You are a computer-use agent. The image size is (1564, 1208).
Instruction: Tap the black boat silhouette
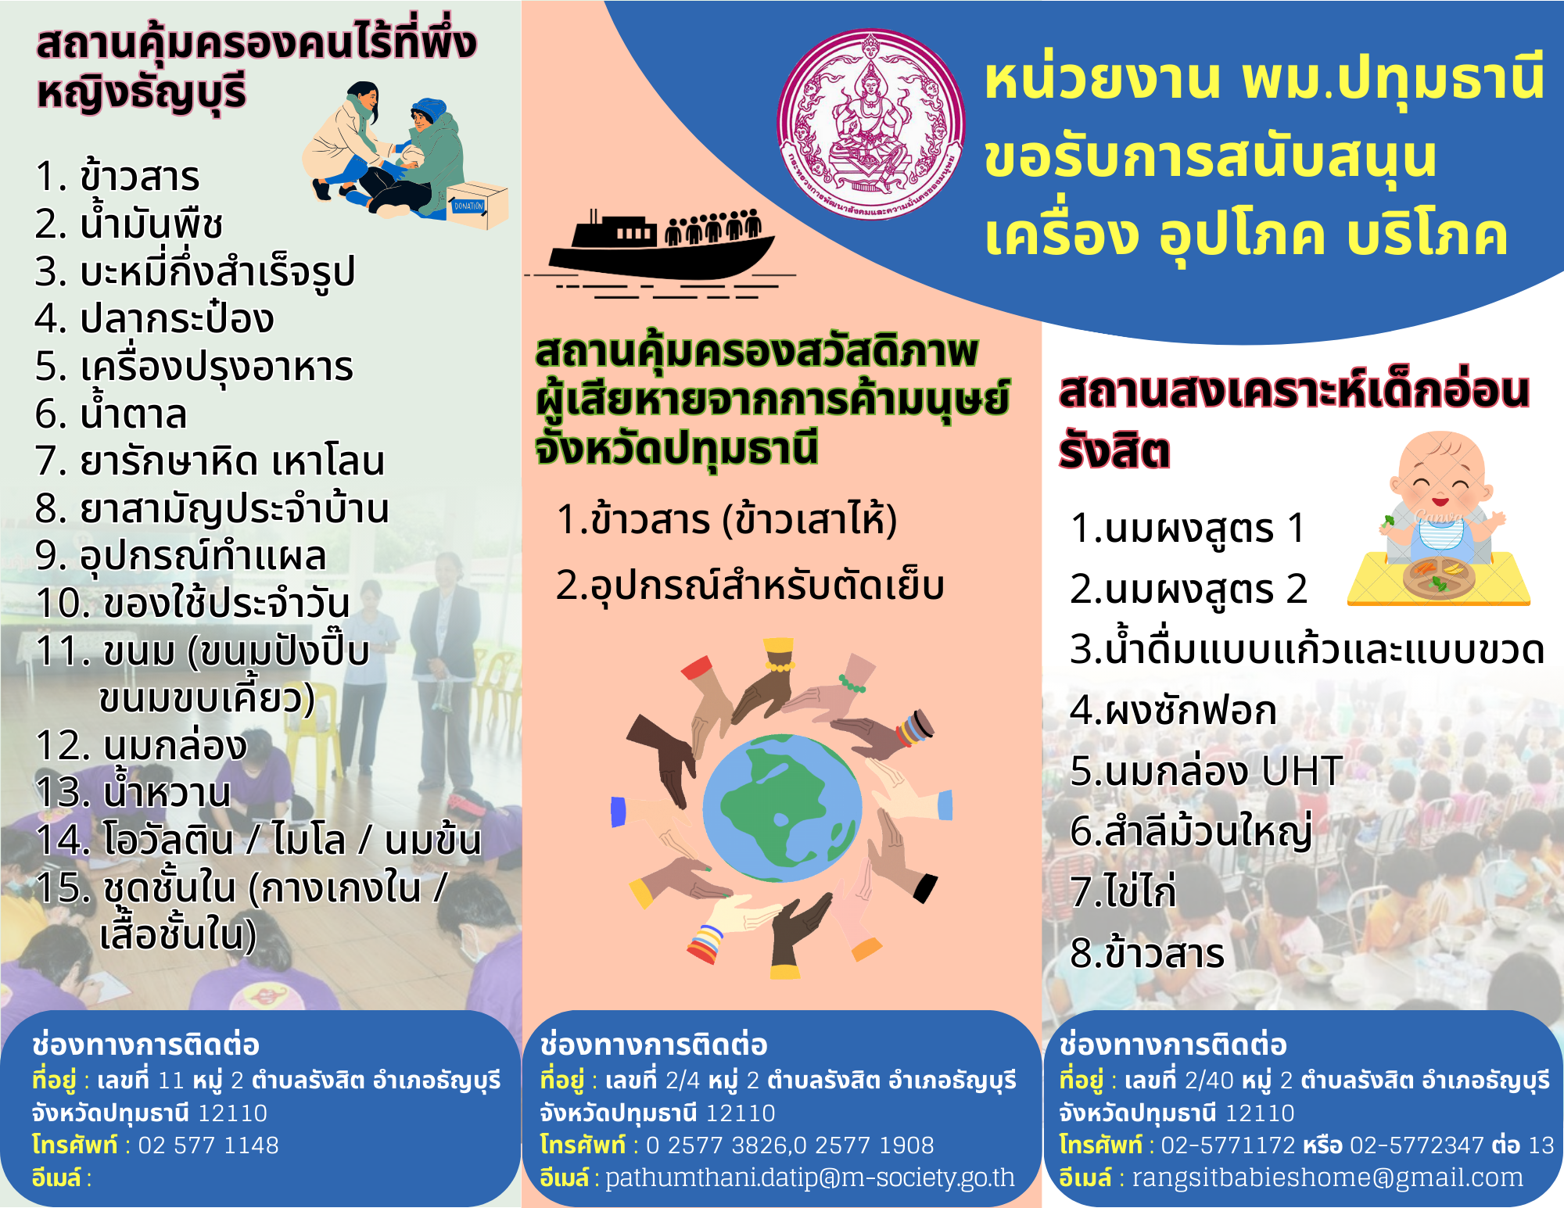[x=662, y=246]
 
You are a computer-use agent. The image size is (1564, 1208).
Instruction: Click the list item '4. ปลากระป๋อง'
[x=155, y=317]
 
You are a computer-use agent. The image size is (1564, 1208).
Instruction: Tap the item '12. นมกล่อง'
[x=142, y=745]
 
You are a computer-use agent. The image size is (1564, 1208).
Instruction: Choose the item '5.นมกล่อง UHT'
[x=1206, y=771]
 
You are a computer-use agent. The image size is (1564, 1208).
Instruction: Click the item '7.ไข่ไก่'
[x=1123, y=891]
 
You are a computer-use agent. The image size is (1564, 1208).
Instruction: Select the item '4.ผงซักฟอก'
[x=1173, y=710]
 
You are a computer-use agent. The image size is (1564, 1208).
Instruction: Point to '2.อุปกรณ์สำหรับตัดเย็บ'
[x=750, y=585]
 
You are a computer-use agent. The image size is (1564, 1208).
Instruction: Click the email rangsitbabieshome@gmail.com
[x=1328, y=1177]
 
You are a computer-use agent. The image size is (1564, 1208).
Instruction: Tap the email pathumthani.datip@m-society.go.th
[x=810, y=1177]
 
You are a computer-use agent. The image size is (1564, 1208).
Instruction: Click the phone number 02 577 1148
[x=208, y=1145]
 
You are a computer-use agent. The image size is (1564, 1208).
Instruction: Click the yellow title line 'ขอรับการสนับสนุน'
[x=1210, y=156]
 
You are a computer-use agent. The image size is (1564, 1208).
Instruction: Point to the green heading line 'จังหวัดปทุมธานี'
[x=676, y=447]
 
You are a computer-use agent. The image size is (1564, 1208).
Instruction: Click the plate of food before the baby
[x=1439, y=577]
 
